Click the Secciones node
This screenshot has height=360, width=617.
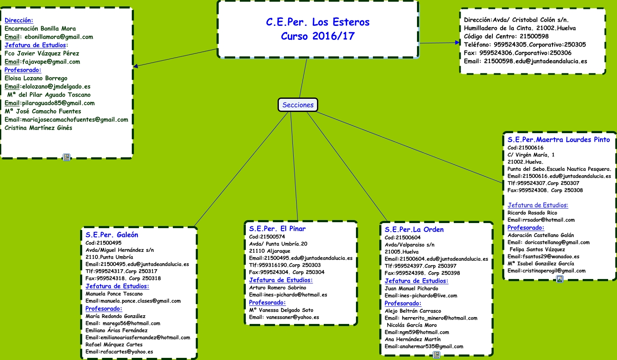298,105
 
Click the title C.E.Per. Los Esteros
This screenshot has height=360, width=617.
317,22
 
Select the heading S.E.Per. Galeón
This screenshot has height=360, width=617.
112,235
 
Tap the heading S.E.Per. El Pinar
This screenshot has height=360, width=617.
277,229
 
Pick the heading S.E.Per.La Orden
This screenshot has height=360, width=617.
414,229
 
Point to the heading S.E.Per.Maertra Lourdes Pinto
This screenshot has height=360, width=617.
559,140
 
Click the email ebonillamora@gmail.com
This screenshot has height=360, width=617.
58,37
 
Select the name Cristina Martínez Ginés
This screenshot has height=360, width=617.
39,128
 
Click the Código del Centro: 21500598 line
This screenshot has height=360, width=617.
506,36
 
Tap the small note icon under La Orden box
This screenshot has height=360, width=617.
436,355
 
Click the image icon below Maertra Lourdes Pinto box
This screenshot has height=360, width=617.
560,279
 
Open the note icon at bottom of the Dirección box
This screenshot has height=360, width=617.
67,157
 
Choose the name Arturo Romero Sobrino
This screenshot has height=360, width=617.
278,287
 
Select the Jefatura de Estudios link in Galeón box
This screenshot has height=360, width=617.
117,286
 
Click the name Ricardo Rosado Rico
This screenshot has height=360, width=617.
532,213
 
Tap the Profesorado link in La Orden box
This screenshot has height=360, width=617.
403,303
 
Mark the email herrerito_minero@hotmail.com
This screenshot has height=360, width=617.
439,318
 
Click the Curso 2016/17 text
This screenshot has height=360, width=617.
317,36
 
